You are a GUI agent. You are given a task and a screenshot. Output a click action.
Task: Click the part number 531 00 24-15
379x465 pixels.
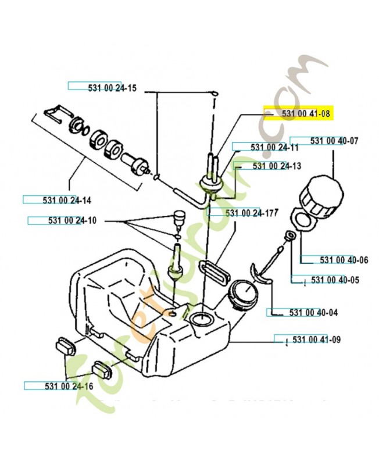pos(113,88)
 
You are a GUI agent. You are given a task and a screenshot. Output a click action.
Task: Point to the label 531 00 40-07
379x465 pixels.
pos(334,141)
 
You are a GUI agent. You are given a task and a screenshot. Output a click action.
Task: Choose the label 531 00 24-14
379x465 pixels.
pos(66,200)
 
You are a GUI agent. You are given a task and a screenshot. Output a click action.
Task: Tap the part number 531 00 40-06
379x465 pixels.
pos(335,260)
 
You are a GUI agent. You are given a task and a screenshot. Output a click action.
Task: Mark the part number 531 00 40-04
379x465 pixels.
pos(313,312)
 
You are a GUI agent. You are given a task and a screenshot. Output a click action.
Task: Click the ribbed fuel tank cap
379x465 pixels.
pos(319,192)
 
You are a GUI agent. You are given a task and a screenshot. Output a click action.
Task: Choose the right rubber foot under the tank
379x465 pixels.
pos(105,369)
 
